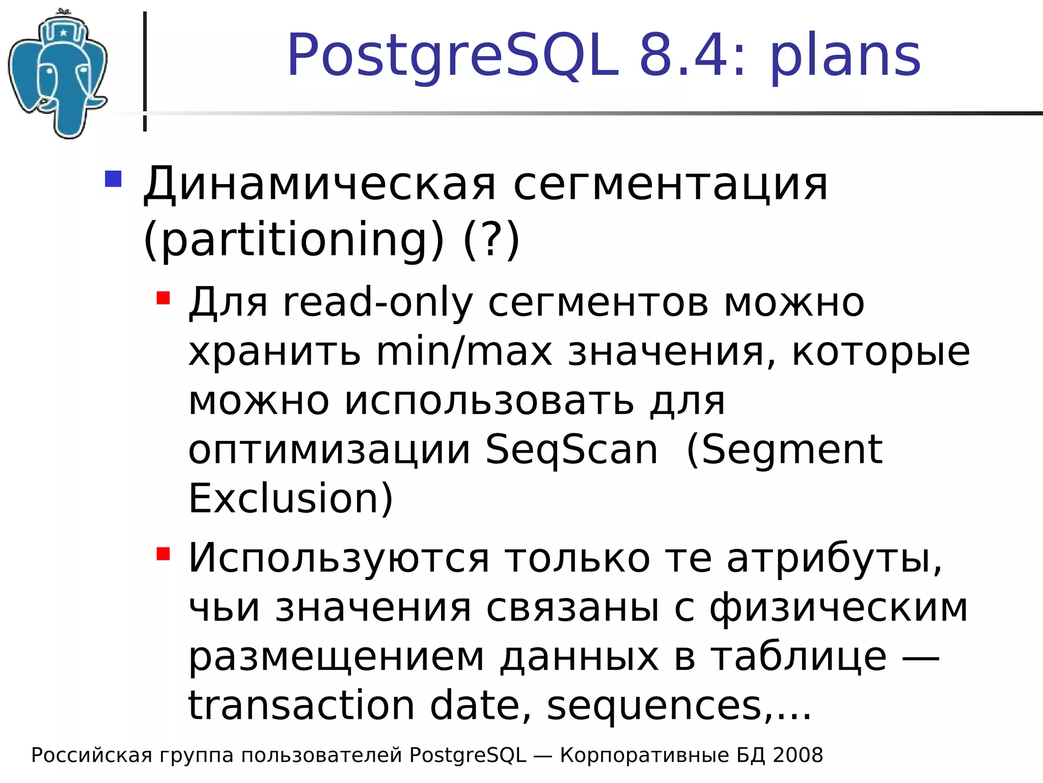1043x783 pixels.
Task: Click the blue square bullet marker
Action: click(113, 179)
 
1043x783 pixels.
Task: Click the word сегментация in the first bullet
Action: click(670, 185)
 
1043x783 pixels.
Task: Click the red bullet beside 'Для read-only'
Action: click(163, 298)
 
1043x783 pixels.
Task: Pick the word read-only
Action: click(377, 303)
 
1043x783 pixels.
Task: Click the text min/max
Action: click(464, 352)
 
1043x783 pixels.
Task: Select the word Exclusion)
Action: click(291, 498)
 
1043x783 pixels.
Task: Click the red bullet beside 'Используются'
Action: click(163, 554)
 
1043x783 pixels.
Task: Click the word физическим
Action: click(838, 608)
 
